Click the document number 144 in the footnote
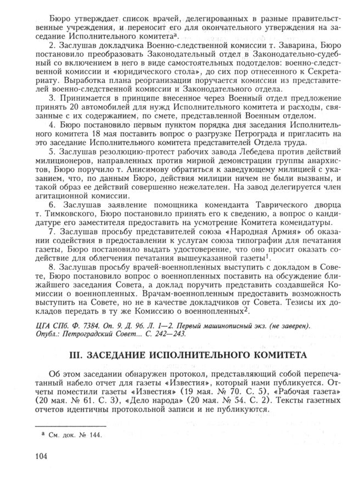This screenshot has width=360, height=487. (x=96, y=437)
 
